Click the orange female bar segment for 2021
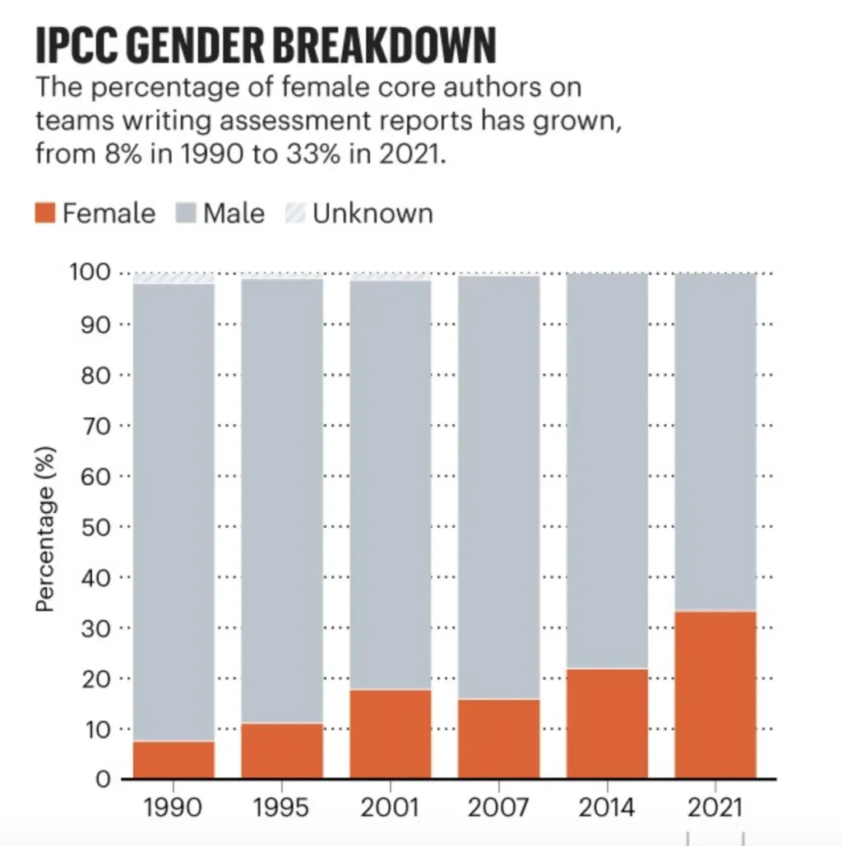715,695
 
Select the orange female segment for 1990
173,760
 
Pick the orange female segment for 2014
608,723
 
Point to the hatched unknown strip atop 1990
173,279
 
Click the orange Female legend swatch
46,214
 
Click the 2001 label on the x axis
391,807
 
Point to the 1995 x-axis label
282,807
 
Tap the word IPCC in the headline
71,46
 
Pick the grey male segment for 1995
282,501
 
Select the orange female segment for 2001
391,733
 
